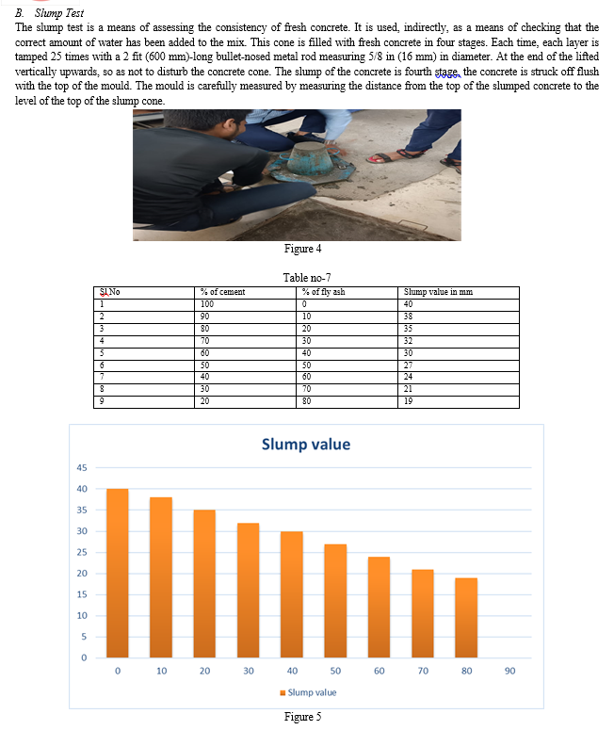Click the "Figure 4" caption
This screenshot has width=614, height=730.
[302, 249]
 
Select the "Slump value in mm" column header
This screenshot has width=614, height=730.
[438, 292]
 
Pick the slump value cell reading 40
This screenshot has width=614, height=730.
[409, 303]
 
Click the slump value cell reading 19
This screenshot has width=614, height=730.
[409, 402]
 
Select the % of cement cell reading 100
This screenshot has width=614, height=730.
[207, 303]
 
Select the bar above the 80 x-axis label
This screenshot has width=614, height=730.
[466, 617]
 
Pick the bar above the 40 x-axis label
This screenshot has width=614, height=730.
[292, 594]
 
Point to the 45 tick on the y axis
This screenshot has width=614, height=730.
[81, 468]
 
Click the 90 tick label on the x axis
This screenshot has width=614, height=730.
[509, 672]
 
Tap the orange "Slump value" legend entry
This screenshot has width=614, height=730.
[308, 692]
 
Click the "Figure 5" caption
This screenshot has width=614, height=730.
[302, 717]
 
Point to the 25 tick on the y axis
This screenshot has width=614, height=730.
[81, 552]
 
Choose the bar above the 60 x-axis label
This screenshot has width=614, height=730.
[379, 607]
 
